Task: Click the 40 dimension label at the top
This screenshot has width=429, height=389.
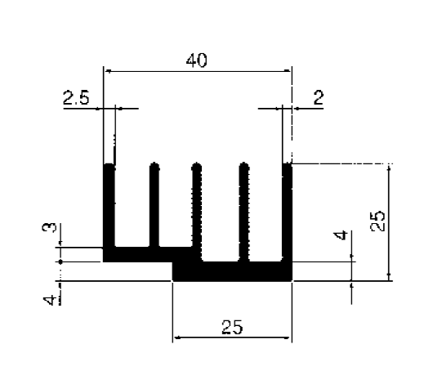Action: [197, 60]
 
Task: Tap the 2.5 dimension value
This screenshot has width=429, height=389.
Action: [76, 98]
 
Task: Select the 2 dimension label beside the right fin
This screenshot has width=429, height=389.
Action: [319, 98]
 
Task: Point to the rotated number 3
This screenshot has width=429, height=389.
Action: [49, 227]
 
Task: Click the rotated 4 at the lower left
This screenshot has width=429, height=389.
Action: [50, 300]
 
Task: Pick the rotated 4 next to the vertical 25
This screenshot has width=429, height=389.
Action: [341, 235]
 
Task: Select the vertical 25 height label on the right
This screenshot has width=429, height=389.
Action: [378, 221]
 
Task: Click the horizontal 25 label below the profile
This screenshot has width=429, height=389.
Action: [232, 327]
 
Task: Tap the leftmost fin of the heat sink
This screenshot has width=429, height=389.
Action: [109, 206]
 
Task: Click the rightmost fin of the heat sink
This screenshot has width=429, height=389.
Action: [288, 212]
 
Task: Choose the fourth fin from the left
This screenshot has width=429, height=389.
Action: [244, 212]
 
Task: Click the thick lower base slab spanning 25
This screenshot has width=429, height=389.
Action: [232, 271]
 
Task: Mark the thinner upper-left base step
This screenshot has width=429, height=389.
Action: [148, 254]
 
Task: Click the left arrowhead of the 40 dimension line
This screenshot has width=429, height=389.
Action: [109, 71]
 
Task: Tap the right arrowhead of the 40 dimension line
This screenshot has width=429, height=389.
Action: [288, 71]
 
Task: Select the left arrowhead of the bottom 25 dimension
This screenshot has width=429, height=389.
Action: [177, 338]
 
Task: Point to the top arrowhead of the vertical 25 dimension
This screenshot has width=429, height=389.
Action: [389, 168]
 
